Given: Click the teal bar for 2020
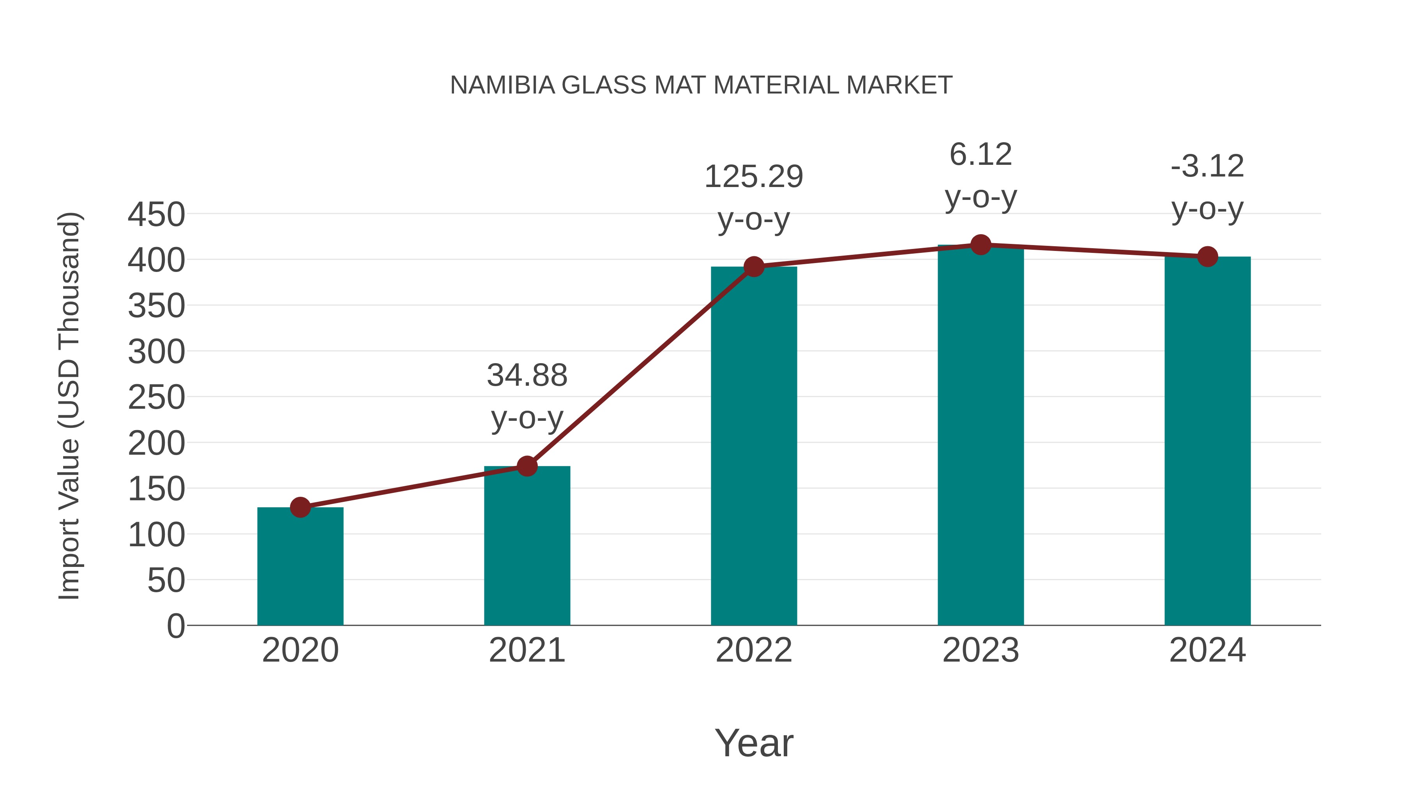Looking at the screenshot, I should point(300,566).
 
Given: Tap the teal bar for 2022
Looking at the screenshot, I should point(754,446).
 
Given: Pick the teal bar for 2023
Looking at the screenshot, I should point(981,436).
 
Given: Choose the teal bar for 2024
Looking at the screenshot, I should point(1207,441).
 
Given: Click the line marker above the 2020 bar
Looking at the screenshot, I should point(300,507).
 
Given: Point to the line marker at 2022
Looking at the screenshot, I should point(754,267).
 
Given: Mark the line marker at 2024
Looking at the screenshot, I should point(1207,256).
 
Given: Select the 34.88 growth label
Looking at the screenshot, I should point(527,376).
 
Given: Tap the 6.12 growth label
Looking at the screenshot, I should point(981,155).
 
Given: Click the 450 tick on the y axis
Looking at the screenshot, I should point(156,215).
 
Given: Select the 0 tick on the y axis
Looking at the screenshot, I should point(175,626).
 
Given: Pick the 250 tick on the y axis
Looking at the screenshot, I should point(156,397).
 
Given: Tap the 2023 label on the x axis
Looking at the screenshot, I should point(981,650).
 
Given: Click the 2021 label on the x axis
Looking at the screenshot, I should point(527,650).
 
